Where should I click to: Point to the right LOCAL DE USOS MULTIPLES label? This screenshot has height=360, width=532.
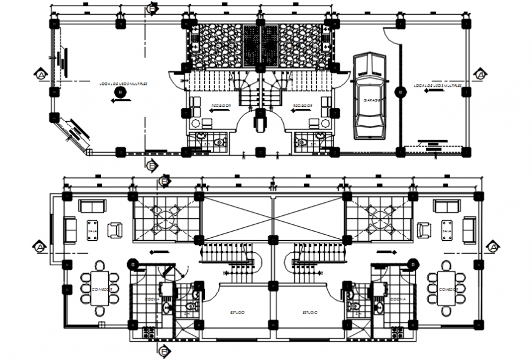(x=435, y=86)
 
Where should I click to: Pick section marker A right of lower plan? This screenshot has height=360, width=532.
(x=492, y=246)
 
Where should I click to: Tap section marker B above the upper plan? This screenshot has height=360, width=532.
(x=152, y=8)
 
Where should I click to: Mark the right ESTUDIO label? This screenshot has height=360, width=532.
(x=309, y=312)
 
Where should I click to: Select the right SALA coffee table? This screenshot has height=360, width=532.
(x=446, y=230)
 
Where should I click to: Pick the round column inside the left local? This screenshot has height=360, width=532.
(x=120, y=92)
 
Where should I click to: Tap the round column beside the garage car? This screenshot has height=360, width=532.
(x=401, y=92)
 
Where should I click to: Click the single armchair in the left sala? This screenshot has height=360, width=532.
(x=114, y=230)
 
